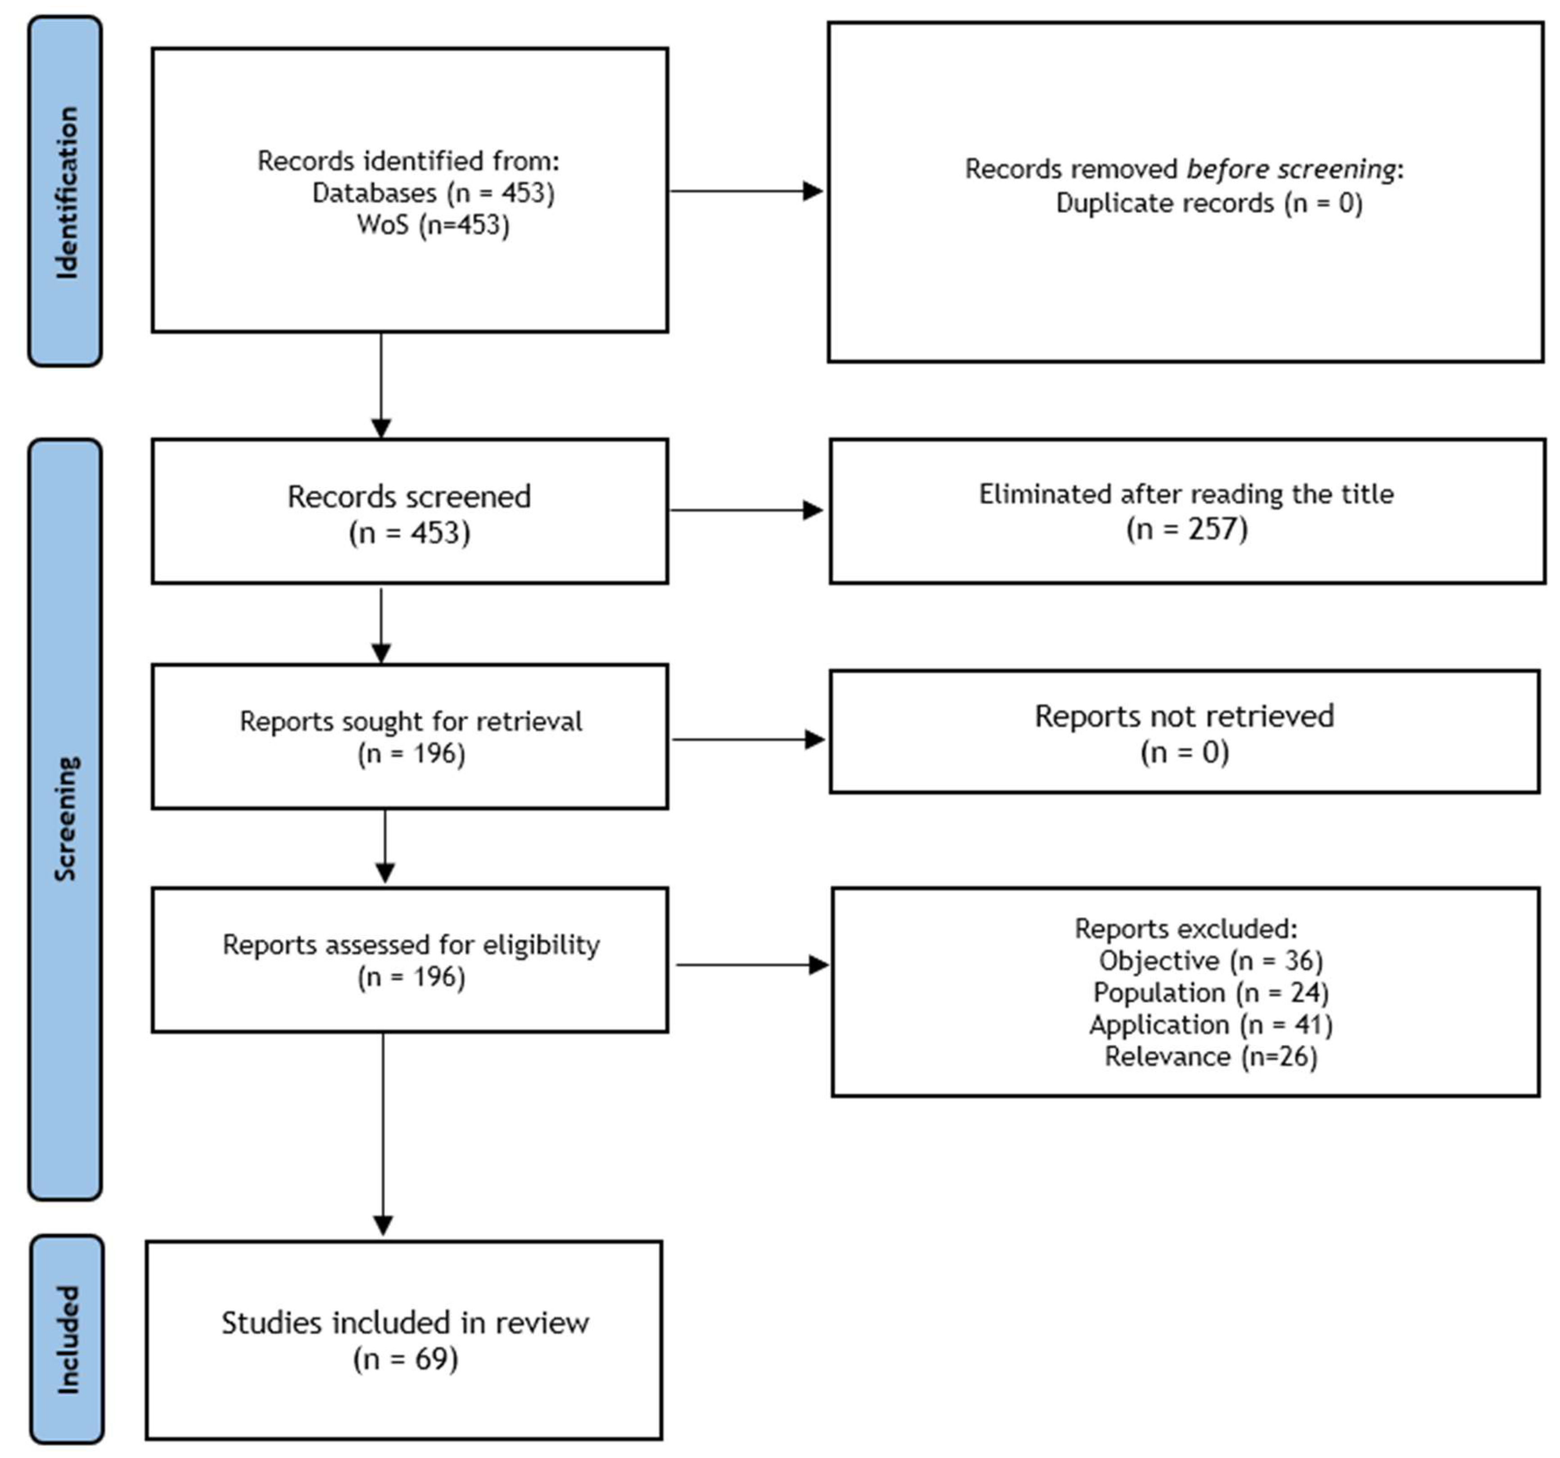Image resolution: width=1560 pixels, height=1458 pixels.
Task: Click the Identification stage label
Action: click(66, 191)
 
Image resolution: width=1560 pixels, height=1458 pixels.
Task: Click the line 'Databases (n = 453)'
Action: click(433, 193)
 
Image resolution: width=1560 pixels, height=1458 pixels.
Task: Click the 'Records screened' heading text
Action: click(409, 497)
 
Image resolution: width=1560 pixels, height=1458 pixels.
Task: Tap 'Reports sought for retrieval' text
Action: click(411, 721)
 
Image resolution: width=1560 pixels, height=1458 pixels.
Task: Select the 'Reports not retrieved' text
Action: click(1184, 715)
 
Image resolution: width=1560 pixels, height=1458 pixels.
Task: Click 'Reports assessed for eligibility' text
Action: click(411, 944)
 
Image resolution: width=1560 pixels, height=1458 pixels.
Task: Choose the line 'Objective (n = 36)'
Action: click(1211, 960)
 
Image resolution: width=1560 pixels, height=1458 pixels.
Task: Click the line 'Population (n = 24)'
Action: click(1211, 993)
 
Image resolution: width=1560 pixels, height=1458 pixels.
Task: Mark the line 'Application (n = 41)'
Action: click(1211, 1025)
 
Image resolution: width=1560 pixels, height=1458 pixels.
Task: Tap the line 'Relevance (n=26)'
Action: click(1211, 1057)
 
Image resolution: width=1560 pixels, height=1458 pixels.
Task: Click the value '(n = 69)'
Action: click(406, 1358)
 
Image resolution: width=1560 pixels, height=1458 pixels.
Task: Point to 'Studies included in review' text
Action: click(405, 1323)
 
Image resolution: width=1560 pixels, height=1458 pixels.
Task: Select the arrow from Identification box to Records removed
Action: click(746, 190)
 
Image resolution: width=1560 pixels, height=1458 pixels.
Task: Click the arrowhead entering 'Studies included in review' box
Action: click(383, 1225)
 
